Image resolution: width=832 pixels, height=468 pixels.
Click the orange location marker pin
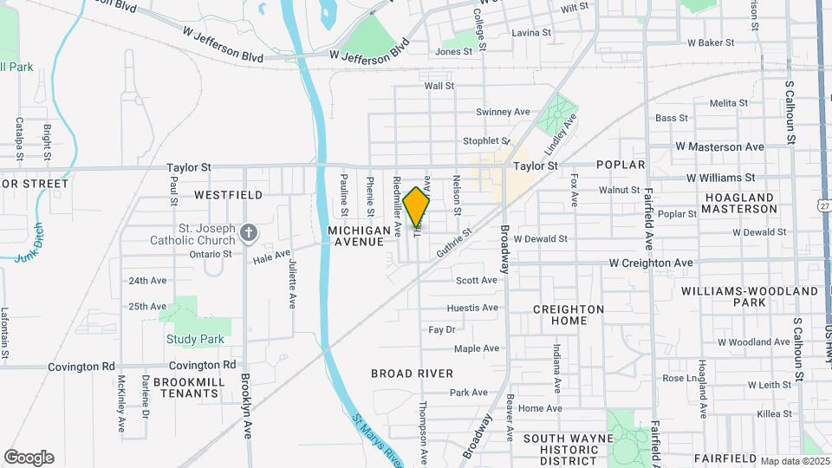point(416,206)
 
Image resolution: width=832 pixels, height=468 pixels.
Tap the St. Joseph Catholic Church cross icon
point(249,231)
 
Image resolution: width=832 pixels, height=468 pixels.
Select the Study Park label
point(195,339)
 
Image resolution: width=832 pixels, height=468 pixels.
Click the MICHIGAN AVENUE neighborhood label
point(356,236)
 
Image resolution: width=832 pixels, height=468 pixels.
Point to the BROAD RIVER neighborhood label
point(412,374)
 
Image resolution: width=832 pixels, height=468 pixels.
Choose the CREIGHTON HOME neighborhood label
point(569,315)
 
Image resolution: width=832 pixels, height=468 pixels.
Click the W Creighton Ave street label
point(651,263)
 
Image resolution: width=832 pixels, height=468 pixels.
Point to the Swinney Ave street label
point(503,112)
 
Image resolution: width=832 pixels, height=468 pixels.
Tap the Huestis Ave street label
point(472,308)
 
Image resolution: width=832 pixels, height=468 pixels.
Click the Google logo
point(29,458)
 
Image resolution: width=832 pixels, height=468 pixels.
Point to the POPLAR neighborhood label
point(621,165)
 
